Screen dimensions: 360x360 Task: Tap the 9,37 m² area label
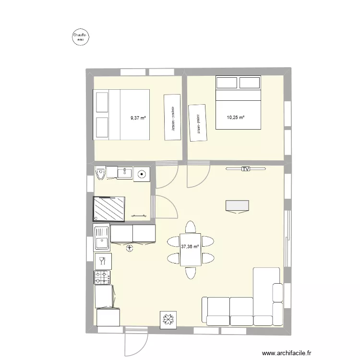coord(138,118)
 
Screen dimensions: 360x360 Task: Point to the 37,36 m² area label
coord(190,247)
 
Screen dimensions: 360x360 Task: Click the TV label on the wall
coord(246,169)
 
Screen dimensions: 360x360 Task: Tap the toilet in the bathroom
coord(100,173)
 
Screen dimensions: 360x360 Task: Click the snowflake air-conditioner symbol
coord(168,319)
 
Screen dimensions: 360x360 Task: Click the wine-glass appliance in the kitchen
coord(102,262)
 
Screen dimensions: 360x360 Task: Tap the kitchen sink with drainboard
coord(102,238)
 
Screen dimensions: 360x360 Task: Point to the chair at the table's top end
coord(190,227)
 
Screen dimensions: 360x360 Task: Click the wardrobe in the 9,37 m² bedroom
coord(172,117)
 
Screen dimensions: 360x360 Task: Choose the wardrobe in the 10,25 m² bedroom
coord(197,123)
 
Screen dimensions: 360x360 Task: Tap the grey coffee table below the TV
coord(237,205)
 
